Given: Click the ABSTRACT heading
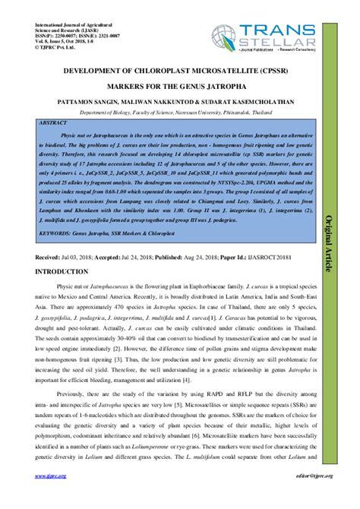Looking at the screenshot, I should pos(55,122).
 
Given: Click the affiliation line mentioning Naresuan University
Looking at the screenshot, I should pos(180,111).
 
